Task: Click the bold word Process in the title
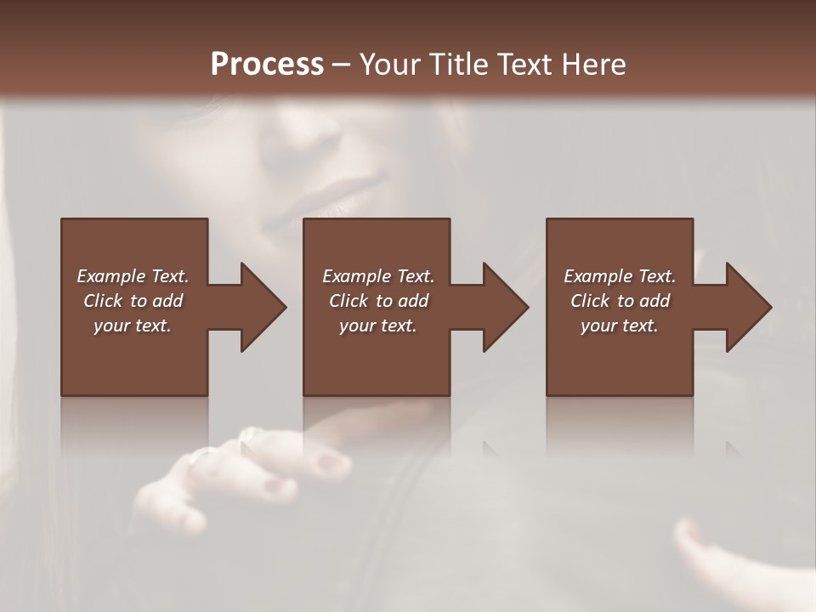[267, 65]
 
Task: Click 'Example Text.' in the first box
[133, 276]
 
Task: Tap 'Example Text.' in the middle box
[378, 276]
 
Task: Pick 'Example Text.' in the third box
[620, 276]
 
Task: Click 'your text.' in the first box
[133, 326]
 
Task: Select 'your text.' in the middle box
[378, 326]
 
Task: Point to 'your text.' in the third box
[620, 326]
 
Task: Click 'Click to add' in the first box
[133, 301]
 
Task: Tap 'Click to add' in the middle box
[378, 301]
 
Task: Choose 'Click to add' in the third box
[620, 301]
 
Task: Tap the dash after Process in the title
[342, 65]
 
